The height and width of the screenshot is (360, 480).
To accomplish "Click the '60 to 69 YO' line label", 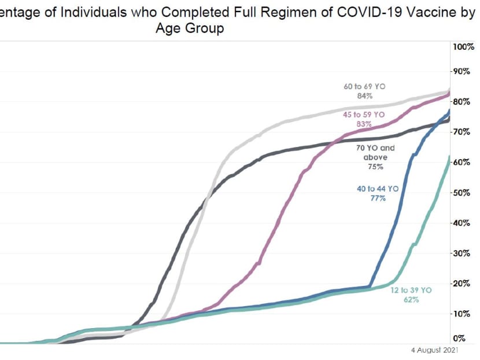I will pos(364,86).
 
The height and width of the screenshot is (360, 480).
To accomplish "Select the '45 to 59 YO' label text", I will pos(364,115).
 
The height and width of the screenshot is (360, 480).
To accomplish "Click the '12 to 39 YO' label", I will pos(412,289).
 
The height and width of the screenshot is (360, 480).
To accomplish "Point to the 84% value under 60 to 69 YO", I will pos(364,95).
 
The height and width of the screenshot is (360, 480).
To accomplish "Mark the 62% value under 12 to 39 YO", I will pos(412,299).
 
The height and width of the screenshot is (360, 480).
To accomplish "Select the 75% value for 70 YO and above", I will pos(375,167).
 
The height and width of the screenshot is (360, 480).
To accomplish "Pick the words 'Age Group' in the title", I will pos(189,28).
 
